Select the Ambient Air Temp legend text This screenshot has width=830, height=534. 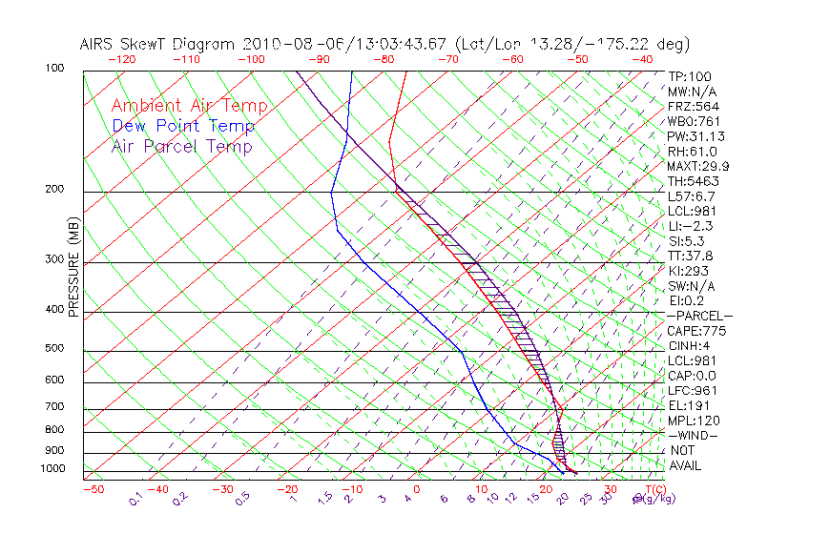[x=189, y=106]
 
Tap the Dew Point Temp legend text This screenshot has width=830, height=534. [x=183, y=126]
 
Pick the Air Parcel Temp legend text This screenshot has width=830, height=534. [x=181, y=146]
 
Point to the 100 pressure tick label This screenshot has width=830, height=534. [x=54, y=69]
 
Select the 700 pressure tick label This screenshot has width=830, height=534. [x=54, y=407]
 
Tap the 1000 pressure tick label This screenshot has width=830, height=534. [x=52, y=469]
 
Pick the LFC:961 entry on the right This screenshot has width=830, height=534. [x=691, y=390]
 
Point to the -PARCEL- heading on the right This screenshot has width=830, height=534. [x=699, y=316]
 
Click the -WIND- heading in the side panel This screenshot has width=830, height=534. [x=693, y=435]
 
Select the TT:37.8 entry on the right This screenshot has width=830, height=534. [x=691, y=256]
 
